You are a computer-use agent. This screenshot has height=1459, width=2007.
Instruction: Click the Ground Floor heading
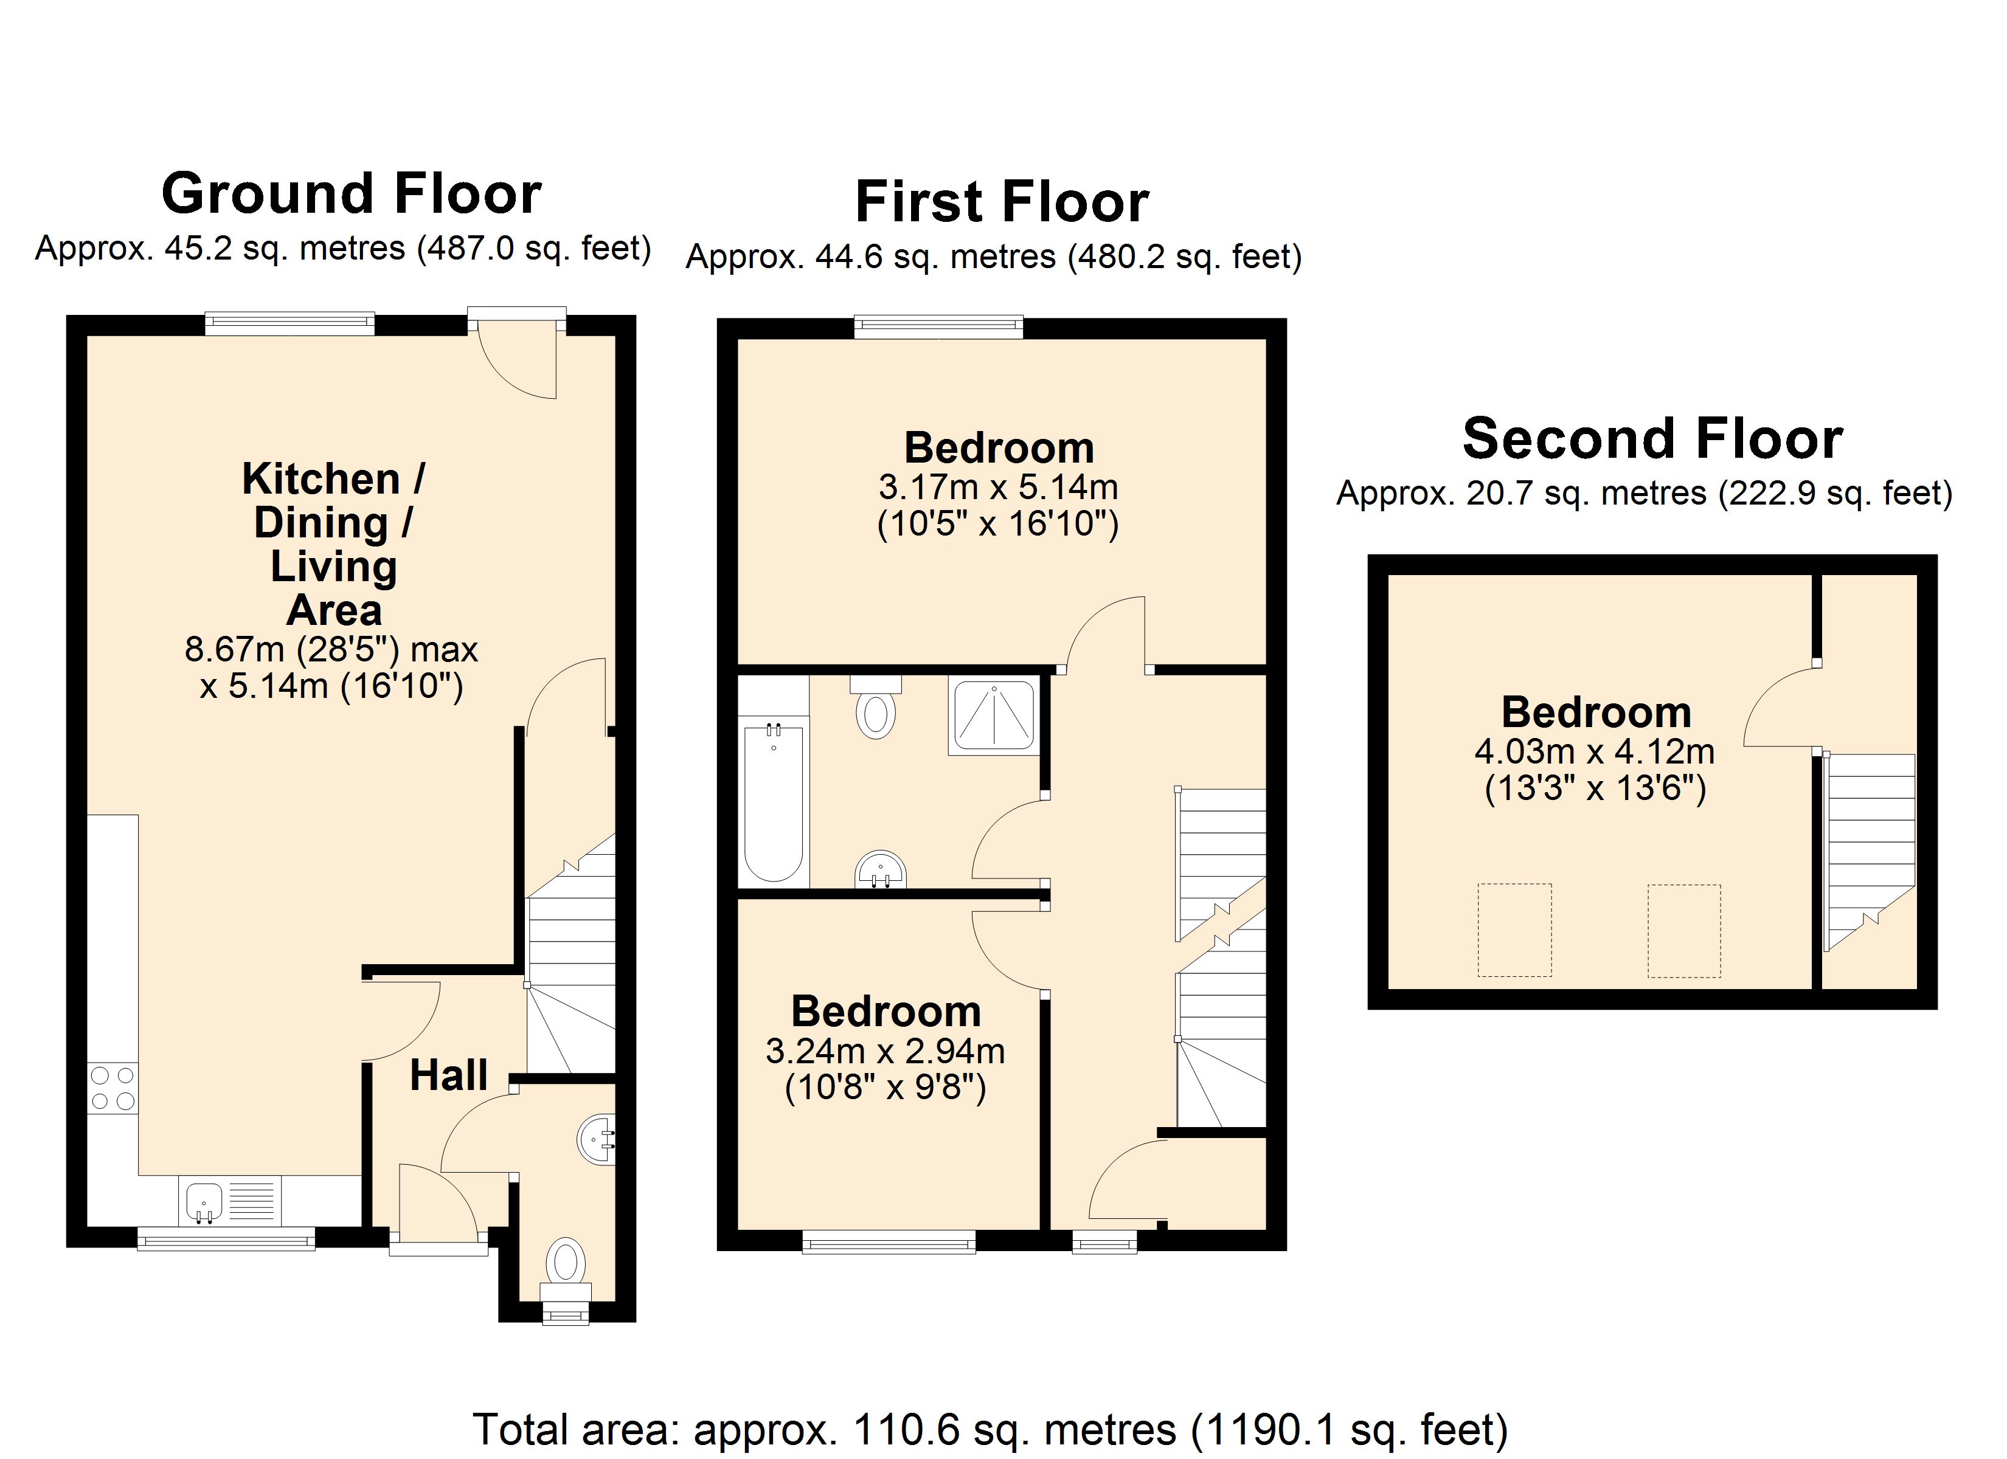[x=352, y=194]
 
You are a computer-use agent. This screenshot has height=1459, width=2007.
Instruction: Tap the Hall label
[x=449, y=1075]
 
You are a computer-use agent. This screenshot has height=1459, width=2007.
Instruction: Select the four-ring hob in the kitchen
[x=113, y=1088]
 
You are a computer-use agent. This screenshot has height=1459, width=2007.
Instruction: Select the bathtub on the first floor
[x=774, y=804]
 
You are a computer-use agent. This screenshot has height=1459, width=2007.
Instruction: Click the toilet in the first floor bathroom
[x=876, y=707]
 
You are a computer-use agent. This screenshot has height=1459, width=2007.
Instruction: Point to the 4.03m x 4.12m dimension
[x=1595, y=751]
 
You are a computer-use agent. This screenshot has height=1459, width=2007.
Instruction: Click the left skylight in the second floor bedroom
[x=1514, y=930]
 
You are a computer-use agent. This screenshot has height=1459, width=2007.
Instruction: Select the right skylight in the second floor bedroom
[x=1684, y=931]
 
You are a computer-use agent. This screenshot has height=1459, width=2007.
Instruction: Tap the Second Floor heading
[x=1652, y=439]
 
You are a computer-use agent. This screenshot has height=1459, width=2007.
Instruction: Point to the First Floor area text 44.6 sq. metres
[x=935, y=257]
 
